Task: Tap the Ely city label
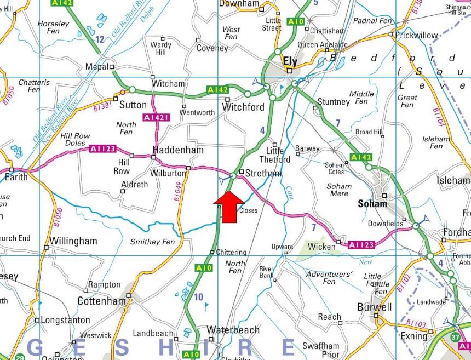290,61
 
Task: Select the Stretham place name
263,174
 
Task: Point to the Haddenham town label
178,150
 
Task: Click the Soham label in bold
372,204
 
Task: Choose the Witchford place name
243,107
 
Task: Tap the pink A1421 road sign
156,117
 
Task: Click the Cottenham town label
102,301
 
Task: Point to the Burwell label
375,307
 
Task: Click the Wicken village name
321,247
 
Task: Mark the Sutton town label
133,104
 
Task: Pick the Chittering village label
231,253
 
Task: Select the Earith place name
16,179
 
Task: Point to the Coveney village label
212,48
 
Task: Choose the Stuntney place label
334,102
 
